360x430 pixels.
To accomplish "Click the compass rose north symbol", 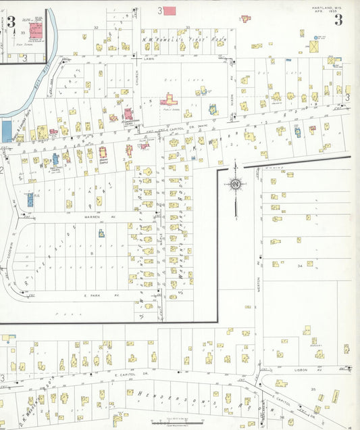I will tap(236, 184).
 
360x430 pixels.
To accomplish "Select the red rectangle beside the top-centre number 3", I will tap(170, 11).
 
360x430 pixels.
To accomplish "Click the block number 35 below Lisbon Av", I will tap(313, 390).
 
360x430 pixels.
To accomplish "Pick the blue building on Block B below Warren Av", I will tap(101, 233).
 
